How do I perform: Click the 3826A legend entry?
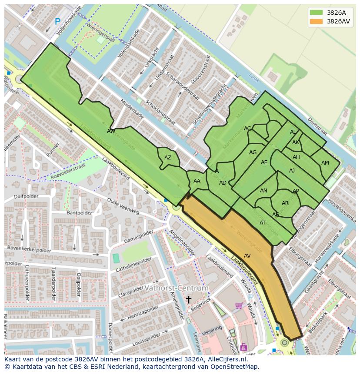point(336,13)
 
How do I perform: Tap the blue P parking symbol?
point(57,21)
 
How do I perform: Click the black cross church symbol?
point(188,299)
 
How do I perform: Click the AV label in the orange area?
point(247,256)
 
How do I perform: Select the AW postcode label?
point(111,131)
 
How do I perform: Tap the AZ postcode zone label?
point(168,158)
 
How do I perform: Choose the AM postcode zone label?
point(325,163)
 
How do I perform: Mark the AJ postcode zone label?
point(292,171)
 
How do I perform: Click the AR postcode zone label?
point(285,203)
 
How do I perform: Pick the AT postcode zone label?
point(263,223)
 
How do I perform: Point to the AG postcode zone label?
point(253,152)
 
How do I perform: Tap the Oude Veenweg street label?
point(123,206)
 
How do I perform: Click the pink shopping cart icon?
point(239,306)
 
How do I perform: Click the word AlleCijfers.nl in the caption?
point(226,360)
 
